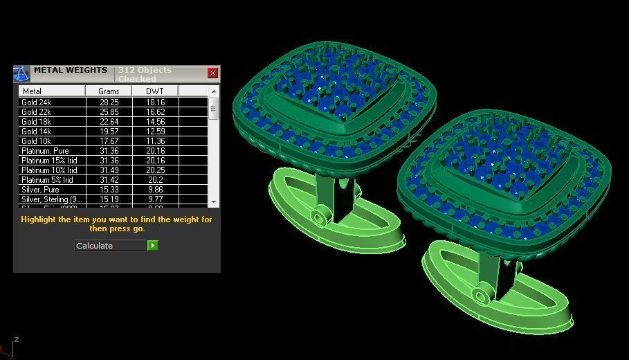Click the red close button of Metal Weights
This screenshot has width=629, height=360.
213,73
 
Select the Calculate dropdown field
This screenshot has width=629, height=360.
110,246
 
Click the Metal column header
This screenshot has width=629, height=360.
52,91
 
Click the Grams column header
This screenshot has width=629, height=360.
109,91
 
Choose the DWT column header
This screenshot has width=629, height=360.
155,91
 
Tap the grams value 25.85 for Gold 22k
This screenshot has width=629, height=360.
109,112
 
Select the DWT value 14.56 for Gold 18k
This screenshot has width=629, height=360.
155,122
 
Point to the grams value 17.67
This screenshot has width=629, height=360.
109,141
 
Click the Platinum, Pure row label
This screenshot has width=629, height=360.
45,151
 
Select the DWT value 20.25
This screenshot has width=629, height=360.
155,170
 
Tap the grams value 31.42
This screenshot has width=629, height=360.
109,180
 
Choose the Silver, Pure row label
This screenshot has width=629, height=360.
40,190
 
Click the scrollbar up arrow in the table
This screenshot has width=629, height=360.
214,91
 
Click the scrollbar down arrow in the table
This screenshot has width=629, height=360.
214,201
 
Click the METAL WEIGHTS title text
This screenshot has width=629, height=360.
71,70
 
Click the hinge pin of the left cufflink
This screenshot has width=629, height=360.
318,218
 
